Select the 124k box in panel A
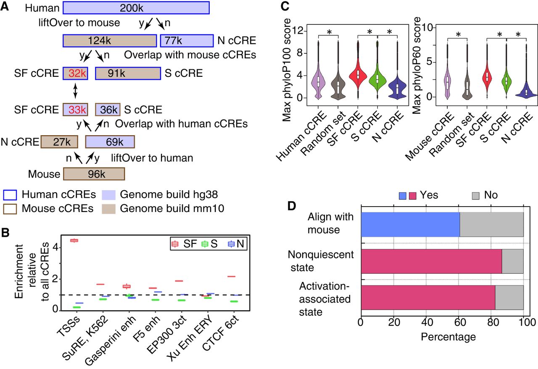109,41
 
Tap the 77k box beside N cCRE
187,41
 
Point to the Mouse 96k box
94,174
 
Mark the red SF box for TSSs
74,241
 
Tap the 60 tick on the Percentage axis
459,323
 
